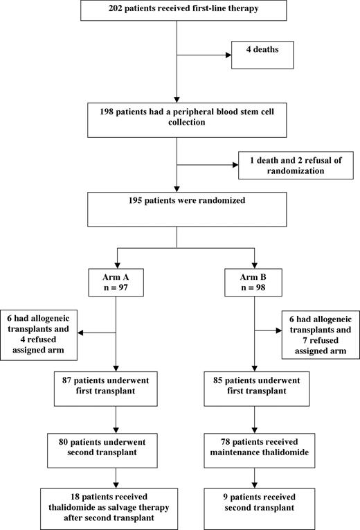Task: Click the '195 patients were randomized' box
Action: click(x=178, y=207)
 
